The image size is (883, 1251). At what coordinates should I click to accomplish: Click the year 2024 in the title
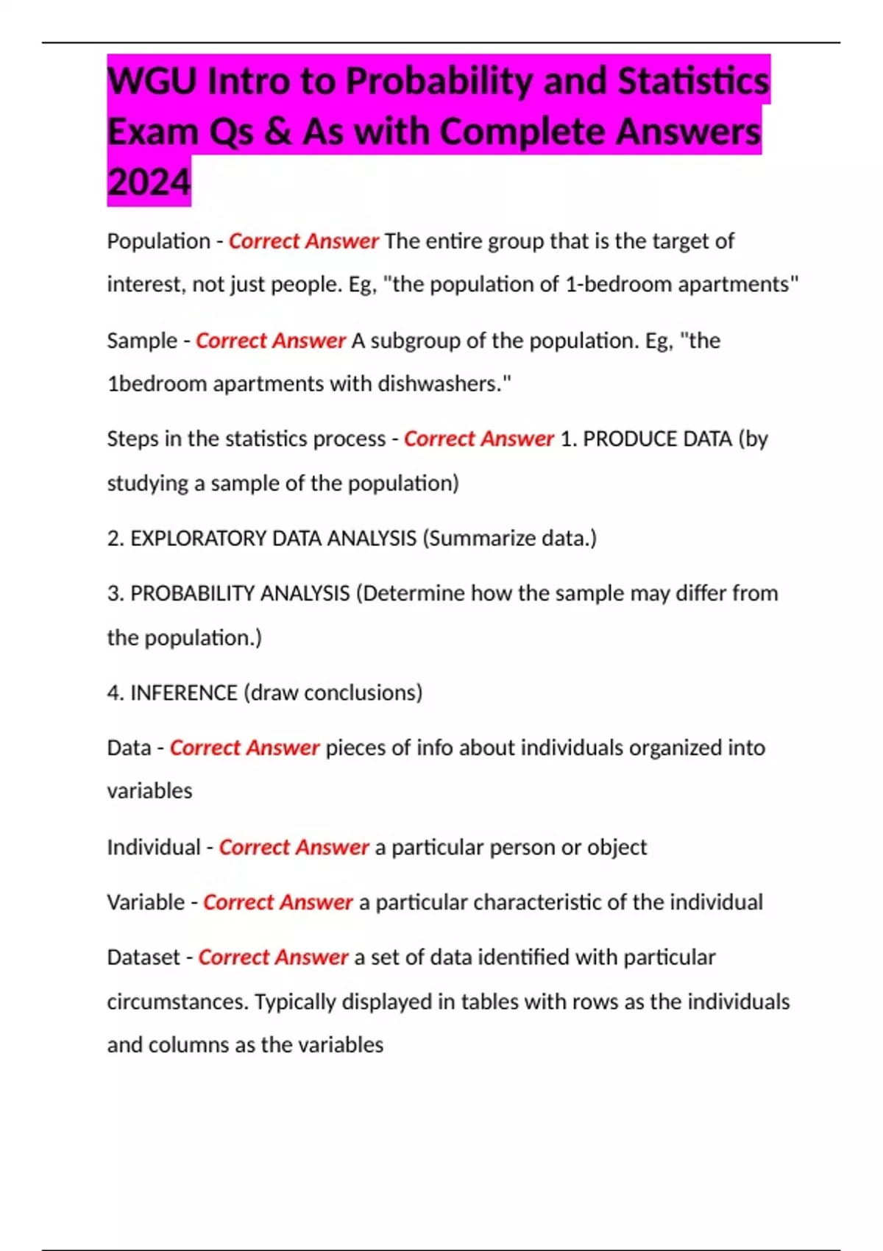point(149,182)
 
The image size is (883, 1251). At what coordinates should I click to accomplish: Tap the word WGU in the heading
point(152,81)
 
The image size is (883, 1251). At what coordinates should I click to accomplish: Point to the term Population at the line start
point(158,241)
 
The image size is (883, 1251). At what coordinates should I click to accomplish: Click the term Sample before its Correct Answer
point(142,341)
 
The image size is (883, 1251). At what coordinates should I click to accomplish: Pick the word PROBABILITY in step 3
point(193,594)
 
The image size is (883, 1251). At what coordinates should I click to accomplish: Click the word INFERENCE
point(184,693)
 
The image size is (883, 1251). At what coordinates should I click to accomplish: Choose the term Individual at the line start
point(153,848)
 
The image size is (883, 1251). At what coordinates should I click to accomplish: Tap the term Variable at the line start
point(146,902)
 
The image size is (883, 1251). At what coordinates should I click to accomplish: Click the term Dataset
point(143,957)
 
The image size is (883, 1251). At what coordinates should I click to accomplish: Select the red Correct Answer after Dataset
point(273,957)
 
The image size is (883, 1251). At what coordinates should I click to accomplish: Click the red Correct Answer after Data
point(244,748)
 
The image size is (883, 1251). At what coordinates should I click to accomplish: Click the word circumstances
point(177,1002)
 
